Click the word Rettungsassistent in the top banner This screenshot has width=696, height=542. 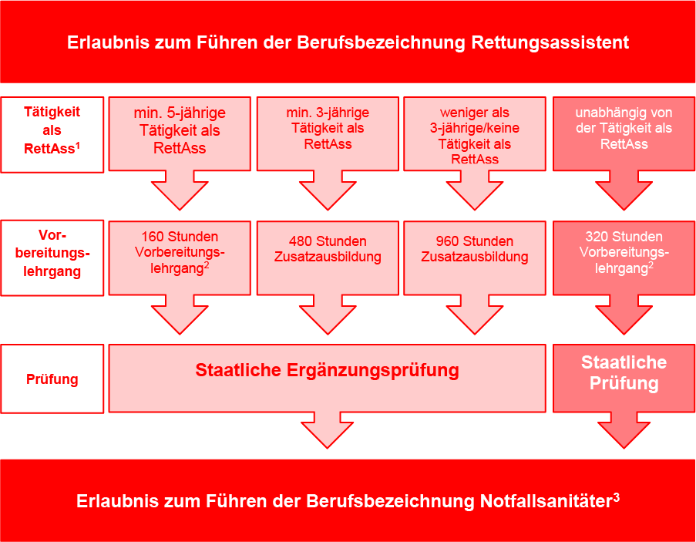(550, 43)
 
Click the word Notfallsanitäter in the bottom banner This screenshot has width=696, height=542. (546, 502)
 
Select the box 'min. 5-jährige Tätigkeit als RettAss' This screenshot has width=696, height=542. (180, 133)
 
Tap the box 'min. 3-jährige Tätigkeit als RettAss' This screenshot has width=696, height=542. (328, 133)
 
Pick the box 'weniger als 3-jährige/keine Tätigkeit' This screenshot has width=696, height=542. (475, 133)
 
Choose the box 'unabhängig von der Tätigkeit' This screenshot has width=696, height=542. (624, 133)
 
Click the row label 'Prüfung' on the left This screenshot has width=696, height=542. (52, 379)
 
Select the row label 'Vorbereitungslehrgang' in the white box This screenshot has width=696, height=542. (52, 254)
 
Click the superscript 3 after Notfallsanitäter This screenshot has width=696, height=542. (616, 497)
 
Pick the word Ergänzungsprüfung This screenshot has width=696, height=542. (373, 371)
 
